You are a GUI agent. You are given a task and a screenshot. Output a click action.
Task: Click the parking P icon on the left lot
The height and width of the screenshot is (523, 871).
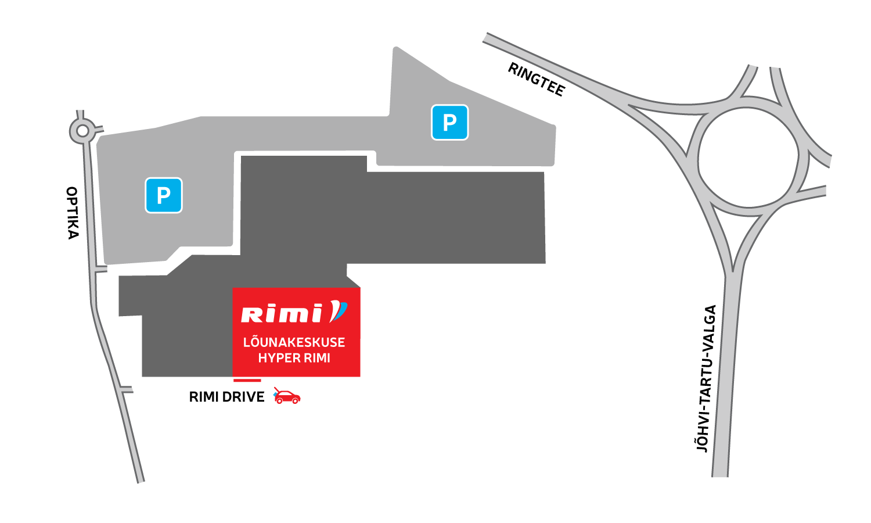pos(164,195)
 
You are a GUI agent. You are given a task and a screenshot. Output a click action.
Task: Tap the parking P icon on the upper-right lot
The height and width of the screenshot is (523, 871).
pos(449,123)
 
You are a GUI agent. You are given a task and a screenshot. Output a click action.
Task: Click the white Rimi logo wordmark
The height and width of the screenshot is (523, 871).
pos(282,314)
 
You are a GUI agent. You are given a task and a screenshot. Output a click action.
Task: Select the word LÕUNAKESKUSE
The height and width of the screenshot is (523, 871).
pos(294,342)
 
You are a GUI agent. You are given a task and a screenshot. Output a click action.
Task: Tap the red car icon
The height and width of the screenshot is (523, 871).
pos(287,397)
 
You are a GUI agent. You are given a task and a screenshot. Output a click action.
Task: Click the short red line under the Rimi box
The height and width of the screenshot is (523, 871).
pos(247,381)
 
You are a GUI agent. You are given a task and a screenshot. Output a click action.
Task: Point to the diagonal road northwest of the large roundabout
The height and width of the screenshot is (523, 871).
pos(557,70)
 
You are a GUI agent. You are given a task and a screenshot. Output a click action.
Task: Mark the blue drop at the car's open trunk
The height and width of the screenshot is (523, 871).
pos(275,394)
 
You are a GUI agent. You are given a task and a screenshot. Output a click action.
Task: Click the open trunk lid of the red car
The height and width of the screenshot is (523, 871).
pos(277,389)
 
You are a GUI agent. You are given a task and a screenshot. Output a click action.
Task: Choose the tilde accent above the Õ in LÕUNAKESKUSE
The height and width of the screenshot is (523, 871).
pos(256,335)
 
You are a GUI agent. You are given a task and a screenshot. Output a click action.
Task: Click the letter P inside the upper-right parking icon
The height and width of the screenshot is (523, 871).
pos(449,123)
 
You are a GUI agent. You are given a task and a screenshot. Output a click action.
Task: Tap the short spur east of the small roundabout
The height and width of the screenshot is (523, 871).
pos(99,128)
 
